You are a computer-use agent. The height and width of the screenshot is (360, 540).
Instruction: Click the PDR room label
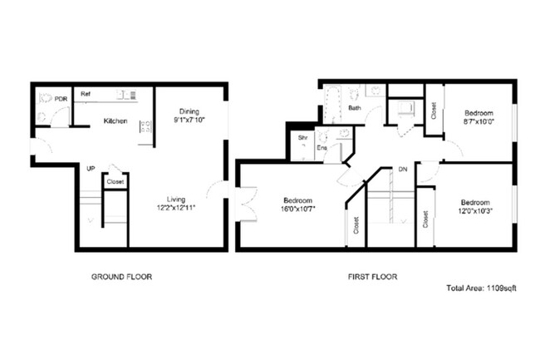click(61, 99)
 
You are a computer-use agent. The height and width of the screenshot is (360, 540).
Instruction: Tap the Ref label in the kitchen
click(85, 95)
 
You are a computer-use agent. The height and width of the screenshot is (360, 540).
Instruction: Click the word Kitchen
click(115, 121)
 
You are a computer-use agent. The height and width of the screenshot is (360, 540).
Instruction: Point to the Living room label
click(175, 199)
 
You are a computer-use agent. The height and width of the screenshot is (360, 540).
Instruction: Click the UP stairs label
click(91, 169)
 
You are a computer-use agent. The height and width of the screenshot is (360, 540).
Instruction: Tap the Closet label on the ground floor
click(115, 181)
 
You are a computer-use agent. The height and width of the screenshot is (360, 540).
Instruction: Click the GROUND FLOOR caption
click(120, 276)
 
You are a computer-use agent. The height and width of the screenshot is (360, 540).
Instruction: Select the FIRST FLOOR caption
click(371, 276)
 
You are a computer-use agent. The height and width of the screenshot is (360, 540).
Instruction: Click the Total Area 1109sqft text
click(482, 288)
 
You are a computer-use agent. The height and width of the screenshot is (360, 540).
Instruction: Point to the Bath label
click(355, 108)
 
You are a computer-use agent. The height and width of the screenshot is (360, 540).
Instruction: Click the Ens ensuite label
click(322, 148)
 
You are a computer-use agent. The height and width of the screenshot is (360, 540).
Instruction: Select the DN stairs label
click(402, 169)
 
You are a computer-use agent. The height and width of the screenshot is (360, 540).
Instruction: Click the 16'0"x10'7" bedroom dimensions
click(297, 210)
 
